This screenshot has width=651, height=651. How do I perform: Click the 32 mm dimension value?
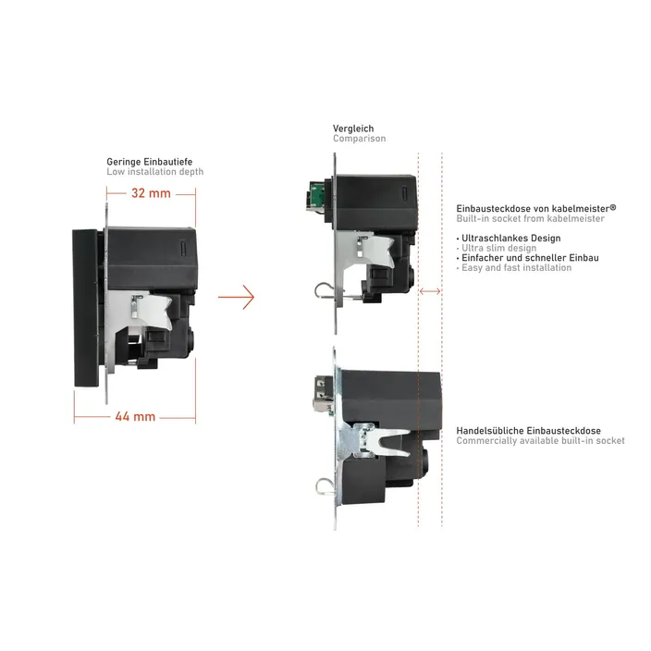(151, 193)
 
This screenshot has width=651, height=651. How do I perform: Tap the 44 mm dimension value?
(135, 416)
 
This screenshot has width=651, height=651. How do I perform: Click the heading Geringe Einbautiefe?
(150, 162)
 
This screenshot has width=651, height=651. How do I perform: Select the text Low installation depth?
(154, 172)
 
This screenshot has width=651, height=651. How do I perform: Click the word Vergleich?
(353, 129)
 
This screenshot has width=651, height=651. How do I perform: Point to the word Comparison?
(359, 139)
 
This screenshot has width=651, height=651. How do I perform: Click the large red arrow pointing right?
(236, 297)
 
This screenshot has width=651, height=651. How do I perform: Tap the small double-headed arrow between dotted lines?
(430, 291)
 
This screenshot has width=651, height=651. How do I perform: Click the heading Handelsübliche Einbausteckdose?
(529, 431)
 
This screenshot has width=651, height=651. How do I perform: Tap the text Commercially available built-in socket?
(540, 440)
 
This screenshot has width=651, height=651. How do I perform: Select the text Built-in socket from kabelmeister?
(530, 218)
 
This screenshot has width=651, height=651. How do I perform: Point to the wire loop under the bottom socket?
(324, 487)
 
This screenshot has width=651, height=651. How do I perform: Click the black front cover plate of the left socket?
(86, 308)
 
